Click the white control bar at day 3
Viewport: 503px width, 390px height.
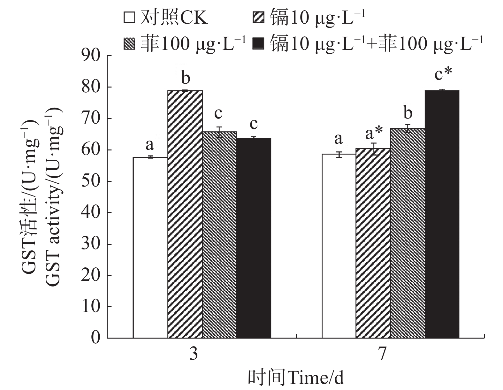(x=150, y=248)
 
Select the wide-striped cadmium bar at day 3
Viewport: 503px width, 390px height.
(x=185, y=214)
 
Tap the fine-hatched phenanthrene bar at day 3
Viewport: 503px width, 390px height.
(x=219, y=235)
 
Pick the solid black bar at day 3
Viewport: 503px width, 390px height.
(x=253, y=238)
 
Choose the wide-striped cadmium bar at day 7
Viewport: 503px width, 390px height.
(x=373, y=243)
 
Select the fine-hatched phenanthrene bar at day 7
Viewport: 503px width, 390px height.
(x=408, y=233)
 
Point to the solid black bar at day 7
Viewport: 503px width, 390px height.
(x=442, y=214)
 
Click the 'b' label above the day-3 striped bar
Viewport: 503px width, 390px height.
(x=186, y=78)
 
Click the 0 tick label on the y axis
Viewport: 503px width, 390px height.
(x=95, y=338)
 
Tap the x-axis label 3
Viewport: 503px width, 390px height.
(x=193, y=354)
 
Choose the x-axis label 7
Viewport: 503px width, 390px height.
(x=382, y=354)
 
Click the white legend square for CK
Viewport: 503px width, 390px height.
(x=129, y=17)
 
